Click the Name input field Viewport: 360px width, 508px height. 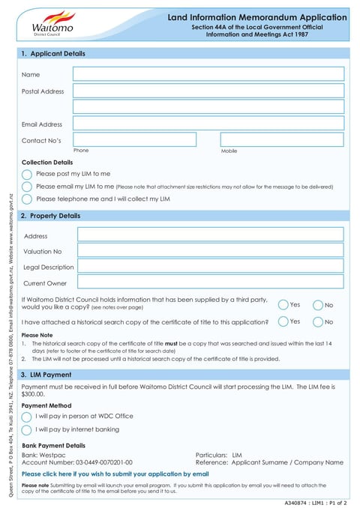[208, 73]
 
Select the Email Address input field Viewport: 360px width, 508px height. [208, 124]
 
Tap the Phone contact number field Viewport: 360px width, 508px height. [134, 139]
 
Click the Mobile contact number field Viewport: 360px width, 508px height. [281, 139]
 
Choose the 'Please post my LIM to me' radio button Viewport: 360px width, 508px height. [27, 174]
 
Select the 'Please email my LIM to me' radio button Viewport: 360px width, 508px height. [27, 187]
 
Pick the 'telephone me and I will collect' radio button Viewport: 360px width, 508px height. [27, 199]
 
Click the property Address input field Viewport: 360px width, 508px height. [210, 235]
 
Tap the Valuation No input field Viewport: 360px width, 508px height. [210, 250]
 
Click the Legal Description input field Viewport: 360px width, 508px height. [210, 266]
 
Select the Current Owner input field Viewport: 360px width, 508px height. [210, 282]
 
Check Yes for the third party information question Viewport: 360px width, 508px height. [283, 305]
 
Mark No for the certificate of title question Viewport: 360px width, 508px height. [318, 321]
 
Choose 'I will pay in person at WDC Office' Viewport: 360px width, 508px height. [27, 417]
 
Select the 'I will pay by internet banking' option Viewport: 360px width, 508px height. [27, 430]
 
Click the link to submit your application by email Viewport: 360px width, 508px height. [115, 474]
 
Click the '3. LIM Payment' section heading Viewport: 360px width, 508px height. [46, 375]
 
